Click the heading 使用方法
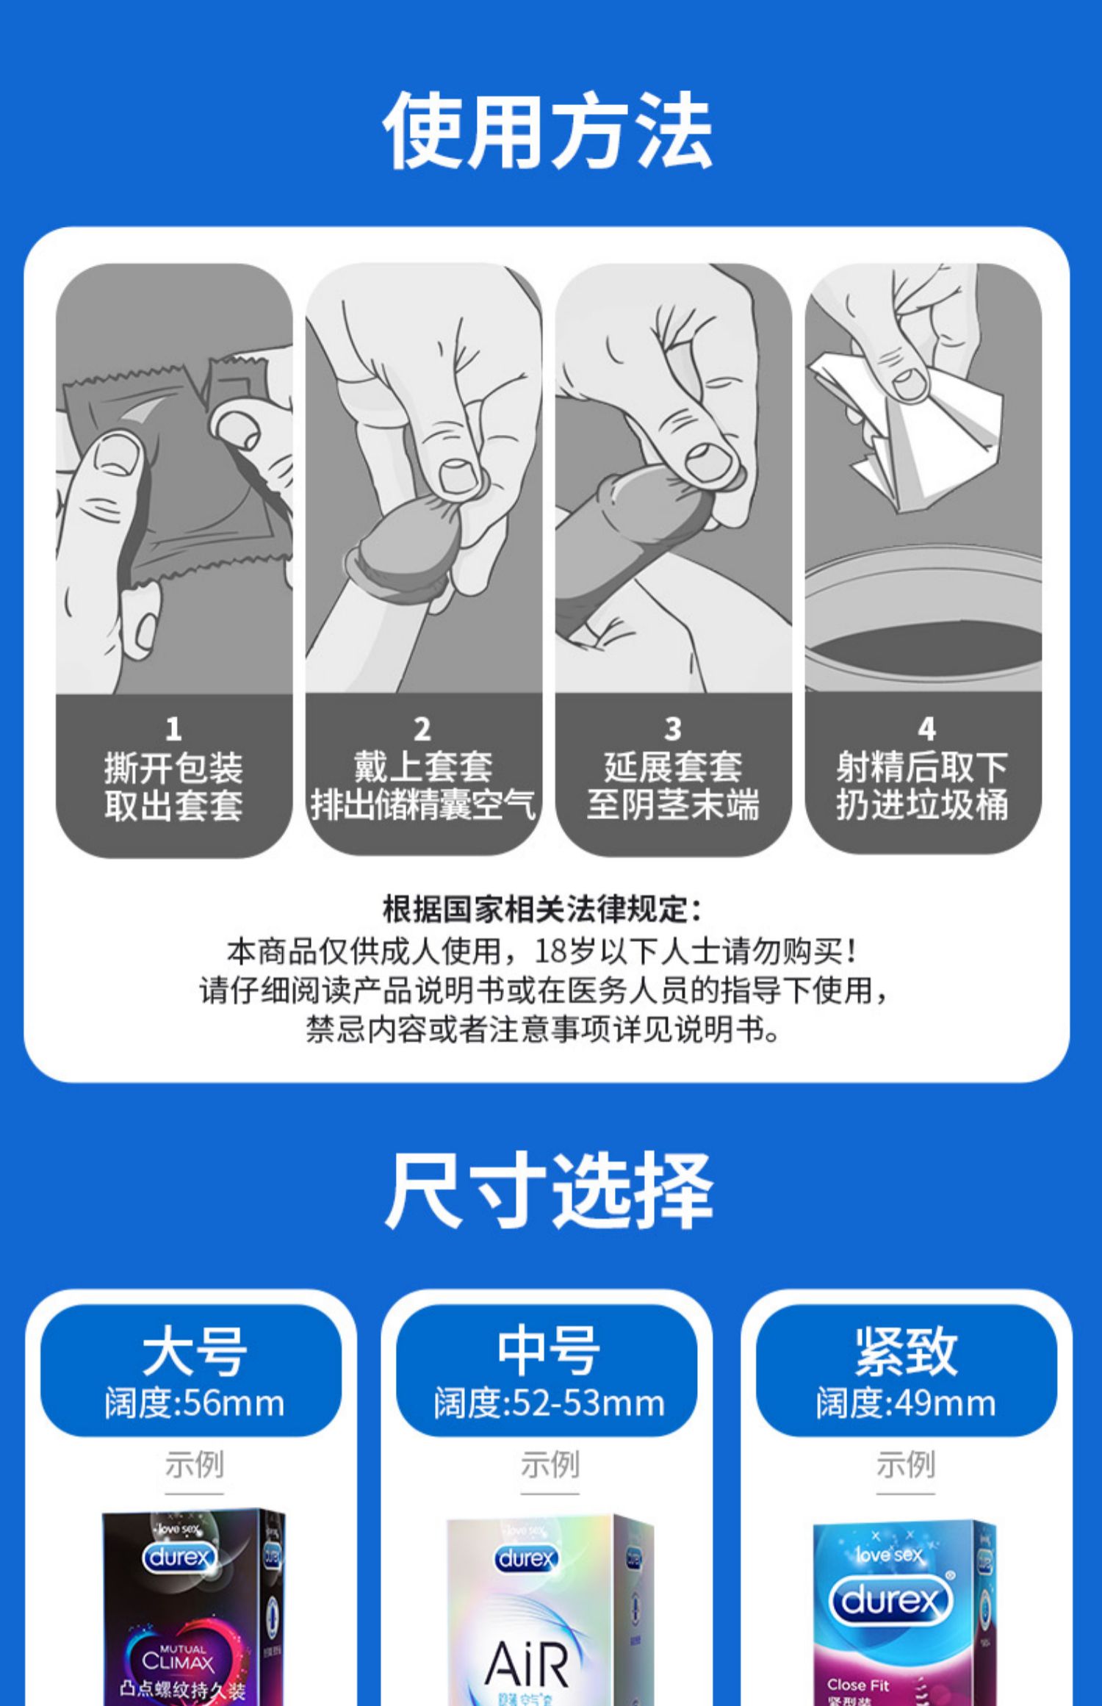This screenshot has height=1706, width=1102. (x=548, y=131)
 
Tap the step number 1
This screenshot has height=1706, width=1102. (x=173, y=729)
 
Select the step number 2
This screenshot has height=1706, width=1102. (x=422, y=729)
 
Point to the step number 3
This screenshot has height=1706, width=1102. (x=673, y=729)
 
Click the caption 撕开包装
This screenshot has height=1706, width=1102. (x=173, y=769)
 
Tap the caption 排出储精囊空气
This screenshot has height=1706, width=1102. (x=423, y=805)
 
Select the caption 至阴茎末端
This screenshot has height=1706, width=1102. (x=673, y=805)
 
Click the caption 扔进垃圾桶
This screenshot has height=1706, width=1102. (x=922, y=805)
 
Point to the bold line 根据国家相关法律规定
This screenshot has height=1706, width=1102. (x=542, y=910)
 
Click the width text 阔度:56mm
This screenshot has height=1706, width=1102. (x=194, y=1403)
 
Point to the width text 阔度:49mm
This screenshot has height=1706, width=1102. (x=906, y=1403)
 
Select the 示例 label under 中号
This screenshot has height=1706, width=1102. (x=550, y=1464)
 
